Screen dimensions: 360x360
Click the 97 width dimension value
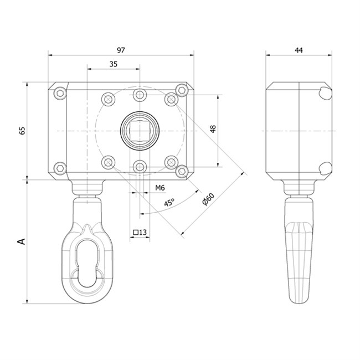point(121,50)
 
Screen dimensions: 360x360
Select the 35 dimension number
point(113,64)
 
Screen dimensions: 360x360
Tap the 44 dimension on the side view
point(299,50)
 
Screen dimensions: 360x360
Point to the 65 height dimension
point(23,131)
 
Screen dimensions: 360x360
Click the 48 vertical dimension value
point(213,128)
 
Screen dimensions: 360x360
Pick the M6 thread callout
point(160,188)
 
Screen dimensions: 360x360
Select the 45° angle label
point(169,203)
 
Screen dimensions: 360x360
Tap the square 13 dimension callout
point(140,233)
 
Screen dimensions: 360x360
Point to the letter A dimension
point(22,241)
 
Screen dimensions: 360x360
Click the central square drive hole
point(140,131)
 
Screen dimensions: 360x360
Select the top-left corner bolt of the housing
point(59,92)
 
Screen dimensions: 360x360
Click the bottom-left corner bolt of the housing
point(59,168)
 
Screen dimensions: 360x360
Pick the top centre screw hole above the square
point(140,95)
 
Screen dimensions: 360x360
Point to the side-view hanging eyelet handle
point(299,249)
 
